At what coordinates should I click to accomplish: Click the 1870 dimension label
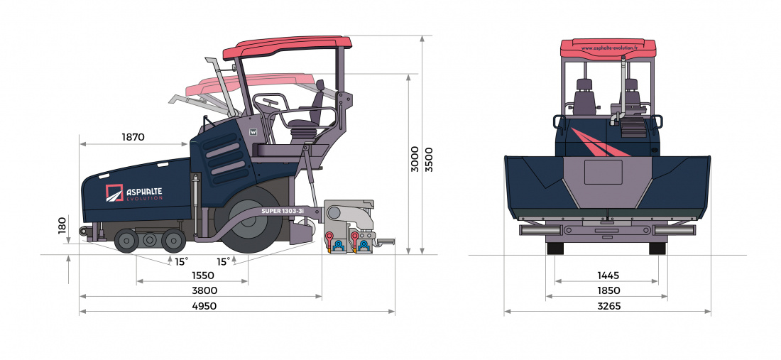tap(133, 137)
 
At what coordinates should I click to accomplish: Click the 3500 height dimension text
tap(427, 158)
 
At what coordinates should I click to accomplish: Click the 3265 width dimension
tap(608, 306)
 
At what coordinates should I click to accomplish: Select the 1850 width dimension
tap(608, 290)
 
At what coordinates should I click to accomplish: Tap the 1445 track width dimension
tap(608, 275)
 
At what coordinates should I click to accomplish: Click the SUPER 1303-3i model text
tap(282, 211)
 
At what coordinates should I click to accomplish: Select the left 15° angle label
tap(182, 261)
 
